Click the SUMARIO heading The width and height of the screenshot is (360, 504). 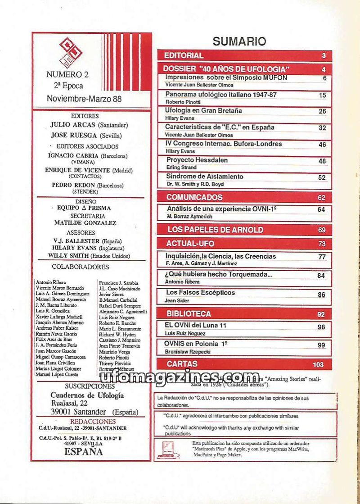(x=239, y=41)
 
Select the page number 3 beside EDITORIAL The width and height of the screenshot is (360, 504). (x=324, y=56)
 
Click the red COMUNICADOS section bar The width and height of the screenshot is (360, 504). (x=194, y=197)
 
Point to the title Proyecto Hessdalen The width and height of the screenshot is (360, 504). (x=197, y=160)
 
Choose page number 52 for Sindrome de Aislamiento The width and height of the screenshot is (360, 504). (x=322, y=177)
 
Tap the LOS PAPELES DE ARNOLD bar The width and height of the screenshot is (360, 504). (x=215, y=230)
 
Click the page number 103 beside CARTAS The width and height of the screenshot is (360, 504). (x=318, y=364)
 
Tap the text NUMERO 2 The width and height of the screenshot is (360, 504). (x=64, y=74)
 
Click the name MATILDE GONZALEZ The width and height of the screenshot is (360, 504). (x=85, y=223)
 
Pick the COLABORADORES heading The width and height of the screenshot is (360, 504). (x=80, y=267)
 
